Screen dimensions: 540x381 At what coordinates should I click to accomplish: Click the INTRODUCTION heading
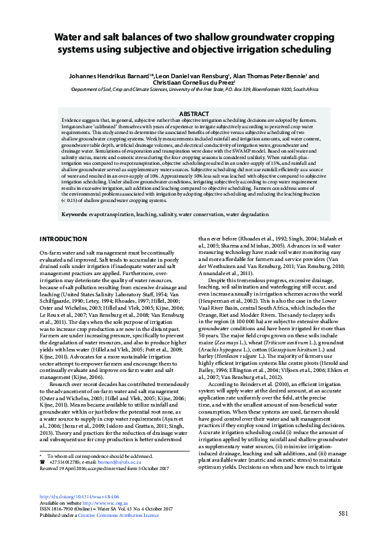63,239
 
